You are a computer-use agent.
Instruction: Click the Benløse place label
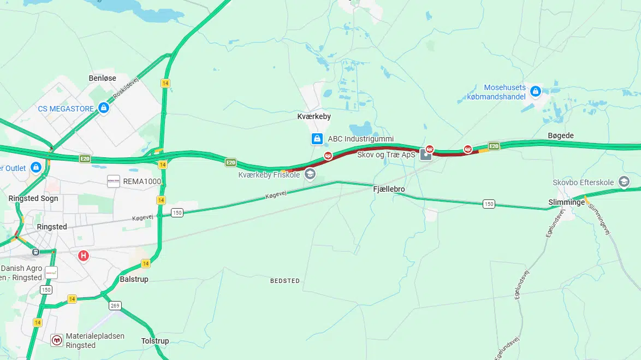103,78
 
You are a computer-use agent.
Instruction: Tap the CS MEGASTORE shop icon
103,108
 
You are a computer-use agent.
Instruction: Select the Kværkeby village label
314,116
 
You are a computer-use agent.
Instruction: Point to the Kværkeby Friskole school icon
310,174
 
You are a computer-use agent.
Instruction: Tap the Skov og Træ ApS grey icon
426,155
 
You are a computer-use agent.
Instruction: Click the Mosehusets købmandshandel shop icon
536,91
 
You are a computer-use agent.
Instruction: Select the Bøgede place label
561,135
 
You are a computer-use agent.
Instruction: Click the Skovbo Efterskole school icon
624,182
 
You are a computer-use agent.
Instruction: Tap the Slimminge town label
566,202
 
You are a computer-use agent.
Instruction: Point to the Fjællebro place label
389,188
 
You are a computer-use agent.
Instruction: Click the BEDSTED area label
285,281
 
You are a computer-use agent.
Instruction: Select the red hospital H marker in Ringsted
84,255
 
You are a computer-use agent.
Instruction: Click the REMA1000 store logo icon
114,181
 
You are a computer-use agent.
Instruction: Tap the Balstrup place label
134,279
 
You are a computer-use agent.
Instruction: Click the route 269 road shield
115,305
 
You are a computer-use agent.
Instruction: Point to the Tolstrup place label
155,341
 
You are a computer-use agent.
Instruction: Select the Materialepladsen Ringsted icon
57,340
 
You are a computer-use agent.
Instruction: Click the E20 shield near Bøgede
494,146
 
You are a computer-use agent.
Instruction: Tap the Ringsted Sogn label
33,198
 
